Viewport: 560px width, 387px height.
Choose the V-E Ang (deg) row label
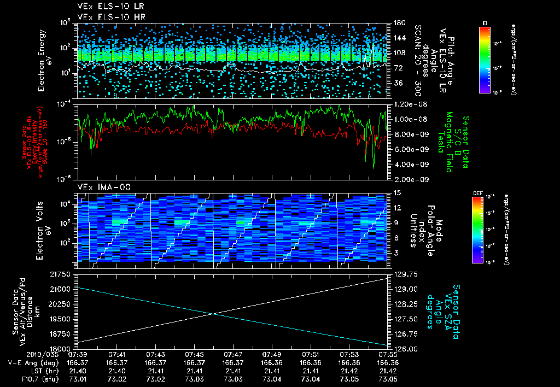[x=30, y=363]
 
